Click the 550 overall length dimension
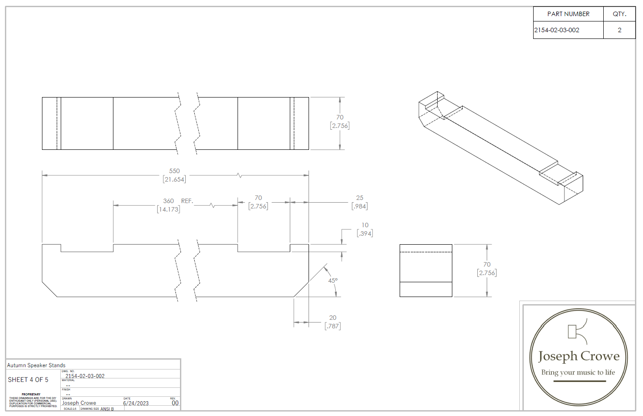[x=174, y=175]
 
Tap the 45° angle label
[x=333, y=280]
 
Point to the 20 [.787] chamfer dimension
[x=333, y=322]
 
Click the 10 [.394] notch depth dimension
[x=365, y=229]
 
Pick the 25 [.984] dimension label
[x=359, y=202]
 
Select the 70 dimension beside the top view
[x=340, y=121]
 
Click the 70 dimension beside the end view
[x=487, y=268]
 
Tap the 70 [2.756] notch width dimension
[x=258, y=202]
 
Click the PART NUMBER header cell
[x=568, y=14]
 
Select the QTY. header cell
[x=619, y=14]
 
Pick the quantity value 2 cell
[x=619, y=30]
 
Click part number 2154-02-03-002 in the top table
[x=557, y=30]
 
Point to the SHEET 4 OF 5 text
[x=28, y=379]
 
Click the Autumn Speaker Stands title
[x=36, y=365]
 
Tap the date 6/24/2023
[x=136, y=403]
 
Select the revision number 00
[x=175, y=403]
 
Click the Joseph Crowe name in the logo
[x=579, y=356]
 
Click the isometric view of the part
[x=500, y=148]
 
